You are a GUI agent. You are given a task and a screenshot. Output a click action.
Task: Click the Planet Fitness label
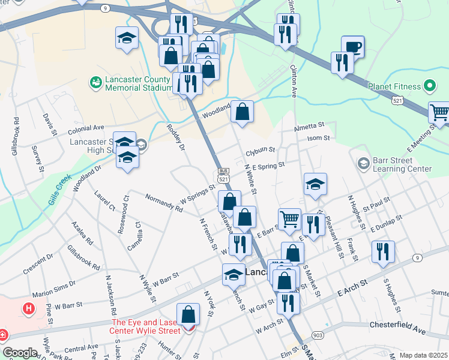[x=395, y=86]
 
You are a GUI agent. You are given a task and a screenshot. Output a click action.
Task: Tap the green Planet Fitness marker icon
[x=429, y=86]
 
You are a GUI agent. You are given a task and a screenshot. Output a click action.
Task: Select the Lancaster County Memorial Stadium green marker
[x=95, y=81]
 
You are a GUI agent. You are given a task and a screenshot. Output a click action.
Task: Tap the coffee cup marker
[x=352, y=47]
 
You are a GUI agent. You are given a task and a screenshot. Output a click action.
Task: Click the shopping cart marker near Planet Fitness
[x=439, y=112]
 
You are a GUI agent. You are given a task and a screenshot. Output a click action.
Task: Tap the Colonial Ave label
[x=86, y=128]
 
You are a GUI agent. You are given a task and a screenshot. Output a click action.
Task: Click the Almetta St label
[x=309, y=127]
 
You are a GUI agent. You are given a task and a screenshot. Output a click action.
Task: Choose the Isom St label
[x=318, y=138]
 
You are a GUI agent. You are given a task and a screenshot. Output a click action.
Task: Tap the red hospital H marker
[x=28, y=310]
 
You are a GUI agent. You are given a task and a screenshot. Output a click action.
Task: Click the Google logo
[x=20, y=353]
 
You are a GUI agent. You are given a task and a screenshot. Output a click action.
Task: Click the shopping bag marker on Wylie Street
[x=188, y=314]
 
